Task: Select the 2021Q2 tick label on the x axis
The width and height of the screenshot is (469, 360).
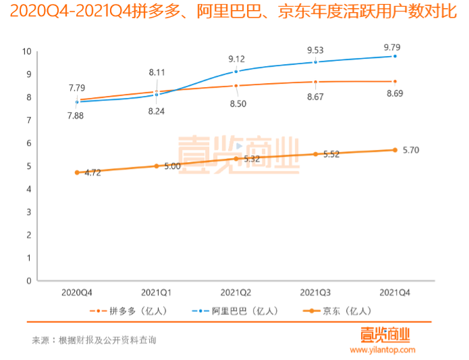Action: pyautogui.click(x=236, y=292)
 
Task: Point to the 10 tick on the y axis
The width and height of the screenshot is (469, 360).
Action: pyautogui.click(x=27, y=51)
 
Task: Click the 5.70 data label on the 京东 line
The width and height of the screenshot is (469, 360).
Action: pyautogui.click(x=410, y=150)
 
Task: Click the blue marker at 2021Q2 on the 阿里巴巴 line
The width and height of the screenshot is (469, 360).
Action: pyautogui.click(x=236, y=71)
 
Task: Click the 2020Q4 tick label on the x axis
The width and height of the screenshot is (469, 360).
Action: pyautogui.click(x=77, y=292)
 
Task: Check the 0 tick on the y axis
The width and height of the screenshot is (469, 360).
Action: pyautogui.click(x=29, y=280)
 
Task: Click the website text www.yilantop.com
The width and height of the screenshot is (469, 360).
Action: pyautogui.click(x=382, y=350)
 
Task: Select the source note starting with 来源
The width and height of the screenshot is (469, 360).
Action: pyautogui.click(x=94, y=340)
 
